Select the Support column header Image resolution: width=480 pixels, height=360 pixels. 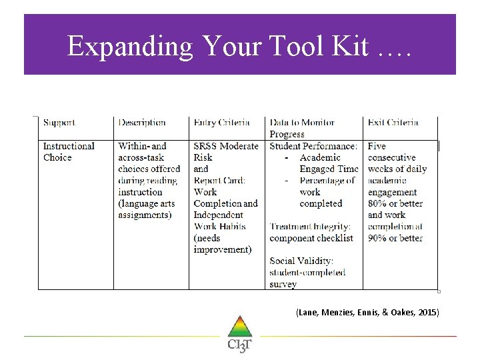59,123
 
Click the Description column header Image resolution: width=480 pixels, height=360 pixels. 142,123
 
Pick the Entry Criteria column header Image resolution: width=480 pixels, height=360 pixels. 222,123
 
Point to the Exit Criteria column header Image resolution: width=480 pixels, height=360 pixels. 393,123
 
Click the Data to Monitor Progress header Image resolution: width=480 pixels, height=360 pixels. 301,128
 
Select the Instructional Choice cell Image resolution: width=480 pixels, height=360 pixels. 69,152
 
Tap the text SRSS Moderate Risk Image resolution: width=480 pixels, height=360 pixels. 225,152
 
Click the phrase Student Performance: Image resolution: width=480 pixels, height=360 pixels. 313,146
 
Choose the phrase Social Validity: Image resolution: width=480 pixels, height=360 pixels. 301,261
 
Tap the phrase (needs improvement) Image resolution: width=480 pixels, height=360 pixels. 223,244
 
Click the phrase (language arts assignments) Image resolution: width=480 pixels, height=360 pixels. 145,209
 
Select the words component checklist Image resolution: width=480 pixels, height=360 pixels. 311,238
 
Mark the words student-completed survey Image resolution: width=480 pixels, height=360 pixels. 307,278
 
